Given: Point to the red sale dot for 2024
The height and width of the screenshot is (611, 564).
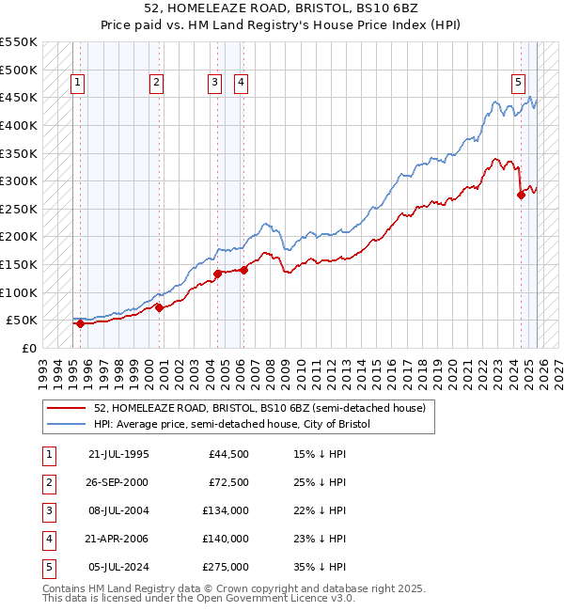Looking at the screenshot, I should (x=521, y=195).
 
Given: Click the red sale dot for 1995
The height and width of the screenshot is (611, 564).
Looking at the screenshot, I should (x=80, y=323).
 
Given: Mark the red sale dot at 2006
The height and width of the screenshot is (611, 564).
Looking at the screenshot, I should (x=243, y=270).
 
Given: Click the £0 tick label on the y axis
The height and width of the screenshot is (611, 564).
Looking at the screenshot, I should (x=30, y=348).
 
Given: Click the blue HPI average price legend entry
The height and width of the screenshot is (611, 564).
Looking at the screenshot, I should (x=232, y=425).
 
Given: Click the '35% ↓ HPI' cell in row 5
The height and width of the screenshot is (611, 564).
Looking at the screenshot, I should (x=319, y=567).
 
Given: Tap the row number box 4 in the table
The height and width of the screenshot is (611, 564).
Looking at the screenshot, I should (x=48, y=539).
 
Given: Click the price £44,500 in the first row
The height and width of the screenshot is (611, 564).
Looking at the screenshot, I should (x=229, y=454).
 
